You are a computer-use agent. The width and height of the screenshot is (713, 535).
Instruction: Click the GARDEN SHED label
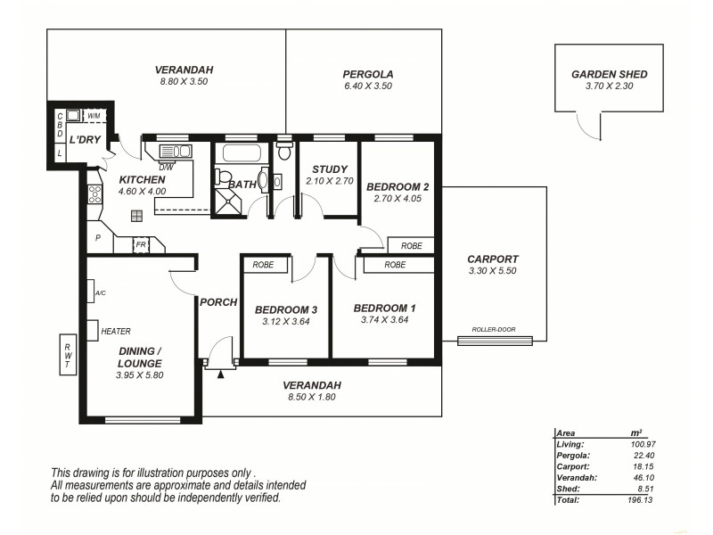coord(610,74)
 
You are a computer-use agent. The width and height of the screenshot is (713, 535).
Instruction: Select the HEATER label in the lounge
coord(116,331)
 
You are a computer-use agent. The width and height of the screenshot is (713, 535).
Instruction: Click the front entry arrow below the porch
coord(220,373)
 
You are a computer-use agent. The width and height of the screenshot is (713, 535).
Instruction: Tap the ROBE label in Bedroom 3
coord(263,265)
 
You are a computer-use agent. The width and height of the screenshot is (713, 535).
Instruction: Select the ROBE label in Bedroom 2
coord(411,245)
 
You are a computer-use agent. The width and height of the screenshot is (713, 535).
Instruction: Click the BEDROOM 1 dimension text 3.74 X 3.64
coord(384,320)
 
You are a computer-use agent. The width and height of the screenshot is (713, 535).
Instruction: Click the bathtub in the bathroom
coord(240,152)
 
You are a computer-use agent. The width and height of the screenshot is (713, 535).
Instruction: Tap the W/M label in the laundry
coord(94,115)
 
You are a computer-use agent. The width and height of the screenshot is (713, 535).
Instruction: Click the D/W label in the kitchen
coord(167,166)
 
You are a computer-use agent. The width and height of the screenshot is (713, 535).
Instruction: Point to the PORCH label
coord(218,302)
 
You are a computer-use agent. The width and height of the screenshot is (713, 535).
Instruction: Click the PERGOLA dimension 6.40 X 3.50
coord(368,86)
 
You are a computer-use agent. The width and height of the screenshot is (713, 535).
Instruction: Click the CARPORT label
coord(493,259)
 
